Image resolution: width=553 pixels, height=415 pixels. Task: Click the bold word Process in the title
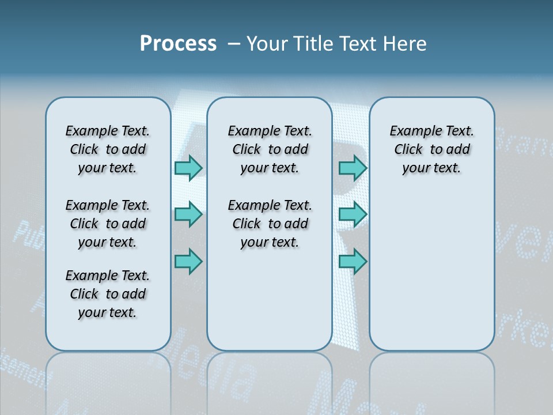[178, 44]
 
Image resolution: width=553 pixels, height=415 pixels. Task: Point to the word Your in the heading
[267, 44]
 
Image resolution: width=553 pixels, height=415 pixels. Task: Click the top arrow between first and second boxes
[188, 168]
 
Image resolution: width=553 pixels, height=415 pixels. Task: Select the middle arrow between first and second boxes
[188, 215]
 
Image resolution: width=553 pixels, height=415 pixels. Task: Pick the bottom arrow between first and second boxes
[188, 262]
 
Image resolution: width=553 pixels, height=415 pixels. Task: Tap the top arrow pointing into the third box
[353, 168]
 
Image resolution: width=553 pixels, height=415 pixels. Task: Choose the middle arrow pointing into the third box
[353, 215]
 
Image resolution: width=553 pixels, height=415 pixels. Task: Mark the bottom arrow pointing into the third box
[353, 262]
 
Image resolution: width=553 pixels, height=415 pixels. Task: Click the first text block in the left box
[108, 149]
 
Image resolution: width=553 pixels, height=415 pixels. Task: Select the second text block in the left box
[108, 224]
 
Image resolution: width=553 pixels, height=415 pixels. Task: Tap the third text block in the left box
[108, 294]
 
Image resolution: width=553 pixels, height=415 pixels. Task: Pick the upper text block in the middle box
[270, 149]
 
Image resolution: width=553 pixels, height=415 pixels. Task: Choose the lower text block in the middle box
[270, 224]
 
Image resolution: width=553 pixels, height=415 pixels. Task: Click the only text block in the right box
[431, 149]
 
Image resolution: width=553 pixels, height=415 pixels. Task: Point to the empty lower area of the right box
[431, 271]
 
